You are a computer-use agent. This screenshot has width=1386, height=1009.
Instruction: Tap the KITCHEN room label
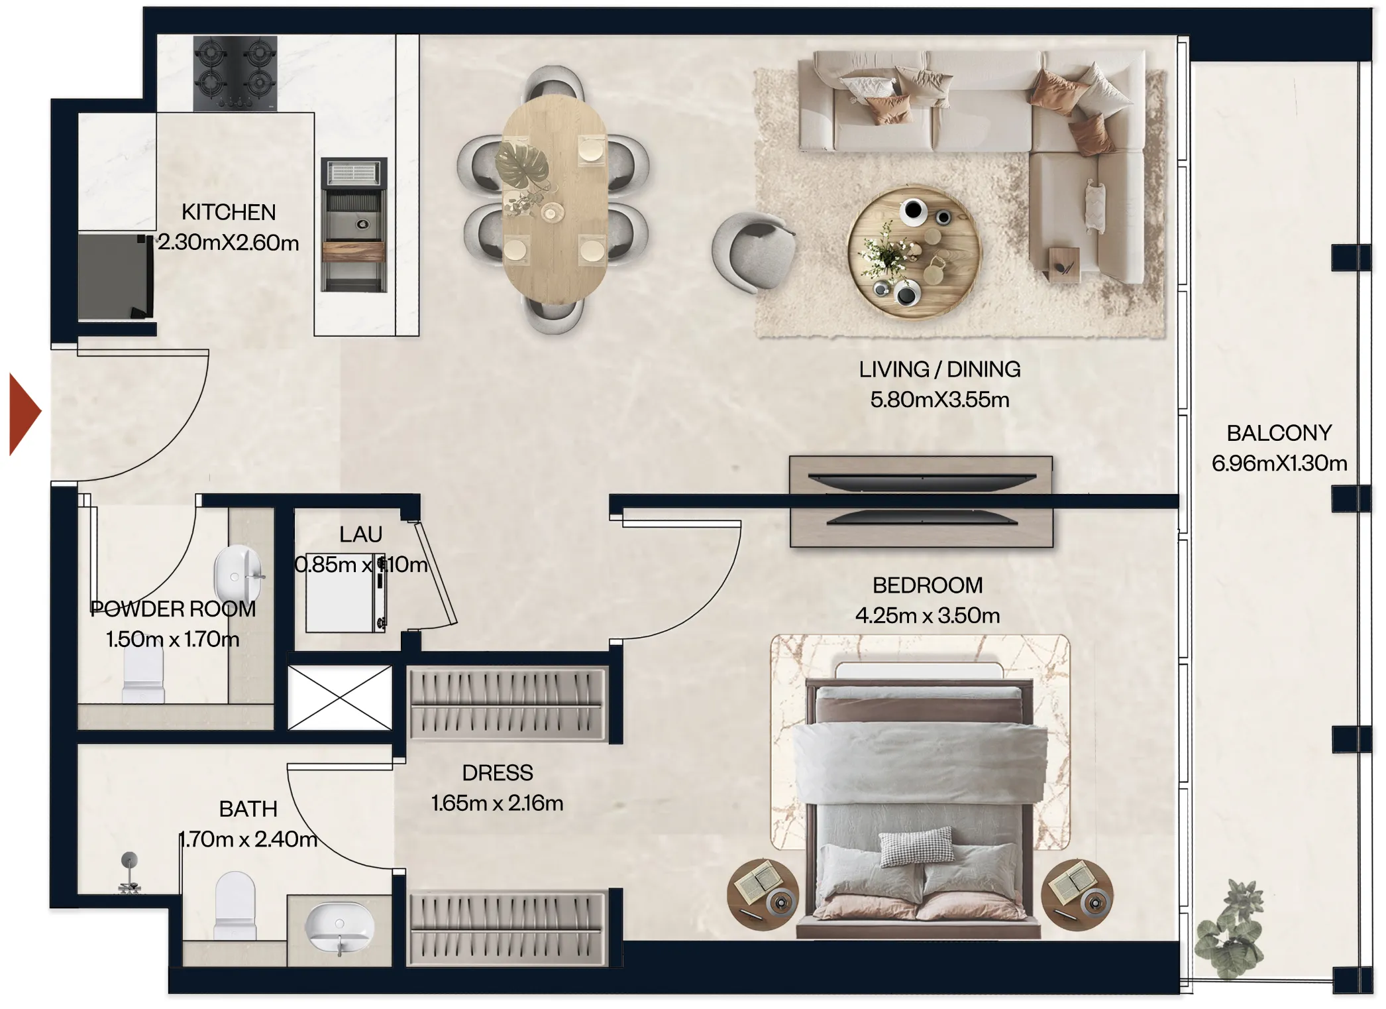pyautogui.click(x=229, y=212)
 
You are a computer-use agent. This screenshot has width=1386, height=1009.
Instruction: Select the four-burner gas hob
pyautogui.click(x=235, y=73)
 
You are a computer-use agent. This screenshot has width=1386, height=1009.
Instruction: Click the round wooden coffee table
pyautogui.click(x=914, y=253)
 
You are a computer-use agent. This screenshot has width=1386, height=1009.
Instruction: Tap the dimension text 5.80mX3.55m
pyautogui.click(x=939, y=400)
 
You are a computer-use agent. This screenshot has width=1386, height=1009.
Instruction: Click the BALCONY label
pyautogui.click(x=1279, y=433)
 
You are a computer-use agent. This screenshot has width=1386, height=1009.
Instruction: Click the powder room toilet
pyautogui.click(x=143, y=676)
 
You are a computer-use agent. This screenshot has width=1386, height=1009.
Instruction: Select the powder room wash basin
pyautogui.click(x=237, y=574)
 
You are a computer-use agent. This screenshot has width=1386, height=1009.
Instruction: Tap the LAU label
pyautogui.click(x=360, y=534)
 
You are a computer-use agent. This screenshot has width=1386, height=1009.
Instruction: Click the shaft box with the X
pyautogui.click(x=340, y=697)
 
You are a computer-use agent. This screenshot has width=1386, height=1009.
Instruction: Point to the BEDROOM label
pyautogui.click(x=927, y=585)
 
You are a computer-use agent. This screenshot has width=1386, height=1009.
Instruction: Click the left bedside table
pyautogui.click(x=763, y=894)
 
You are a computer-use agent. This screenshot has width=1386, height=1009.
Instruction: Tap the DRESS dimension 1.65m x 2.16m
pyautogui.click(x=497, y=803)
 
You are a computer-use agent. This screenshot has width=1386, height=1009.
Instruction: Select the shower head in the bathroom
pyautogui.click(x=130, y=862)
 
